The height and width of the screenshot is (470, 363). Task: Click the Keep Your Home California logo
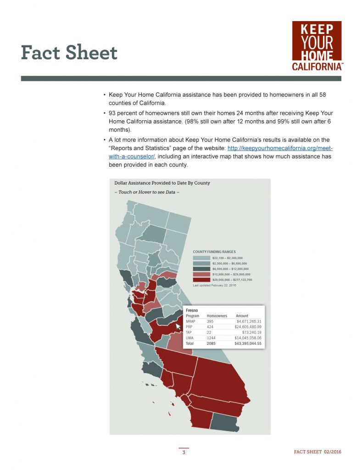(x=317, y=46)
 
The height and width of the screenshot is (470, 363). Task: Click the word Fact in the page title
(x=43, y=53)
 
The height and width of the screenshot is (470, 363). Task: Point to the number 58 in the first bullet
(x=322, y=94)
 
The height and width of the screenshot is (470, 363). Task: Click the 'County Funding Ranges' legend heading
(x=214, y=252)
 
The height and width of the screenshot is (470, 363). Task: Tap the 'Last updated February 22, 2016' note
(x=215, y=285)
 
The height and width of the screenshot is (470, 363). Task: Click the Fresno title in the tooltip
(x=192, y=311)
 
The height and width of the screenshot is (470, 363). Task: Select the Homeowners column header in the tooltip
(x=217, y=316)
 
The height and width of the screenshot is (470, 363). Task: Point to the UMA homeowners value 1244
(x=211, y=338)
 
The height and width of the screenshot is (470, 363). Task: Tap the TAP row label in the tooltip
(x=189, y=332)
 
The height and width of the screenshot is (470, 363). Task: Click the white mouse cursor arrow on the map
(x=178, y=326)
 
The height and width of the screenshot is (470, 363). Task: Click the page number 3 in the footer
(x=184, y=453)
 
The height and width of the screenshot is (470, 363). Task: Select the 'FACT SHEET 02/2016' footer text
(x=317, y=452)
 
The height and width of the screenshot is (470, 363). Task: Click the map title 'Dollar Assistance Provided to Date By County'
(x=162, y=183)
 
